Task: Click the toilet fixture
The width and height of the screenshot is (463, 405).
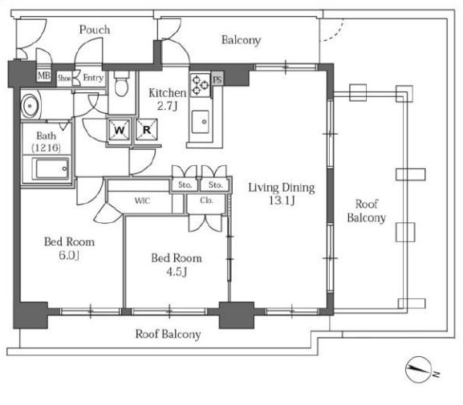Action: (x=121, y=83)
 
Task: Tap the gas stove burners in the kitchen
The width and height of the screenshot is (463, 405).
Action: (x=200, y=85)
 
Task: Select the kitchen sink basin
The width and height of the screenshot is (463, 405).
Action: (x=200, y=122)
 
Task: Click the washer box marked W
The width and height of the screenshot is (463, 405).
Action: (x=120, y=129)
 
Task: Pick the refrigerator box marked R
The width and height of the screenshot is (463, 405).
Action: (x=147, y=129)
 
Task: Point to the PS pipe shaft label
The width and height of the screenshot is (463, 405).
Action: (x=217, y=79)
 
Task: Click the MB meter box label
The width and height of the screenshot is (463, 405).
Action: (x=43, y=75)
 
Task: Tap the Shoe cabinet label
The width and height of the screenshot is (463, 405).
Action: (x=64, y=79)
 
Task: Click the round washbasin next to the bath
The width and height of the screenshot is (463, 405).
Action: (x=30, y=105)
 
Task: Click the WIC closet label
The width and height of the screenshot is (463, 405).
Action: (x=142, y=200)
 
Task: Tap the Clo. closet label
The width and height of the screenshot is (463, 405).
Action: (x=206, y=200)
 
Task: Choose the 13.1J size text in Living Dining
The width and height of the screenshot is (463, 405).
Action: (x=282, y=200)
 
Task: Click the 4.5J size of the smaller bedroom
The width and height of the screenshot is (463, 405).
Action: (x=177, y=272)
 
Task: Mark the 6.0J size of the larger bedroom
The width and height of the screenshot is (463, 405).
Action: (x=69, y=255)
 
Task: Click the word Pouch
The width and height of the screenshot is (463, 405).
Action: (x=95, y=30)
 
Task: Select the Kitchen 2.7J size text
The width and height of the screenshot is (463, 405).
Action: (x=167, y=105)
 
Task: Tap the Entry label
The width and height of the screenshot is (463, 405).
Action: (x=93, y=78)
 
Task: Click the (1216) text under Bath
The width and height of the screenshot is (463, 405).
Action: (x=46, y=148)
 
